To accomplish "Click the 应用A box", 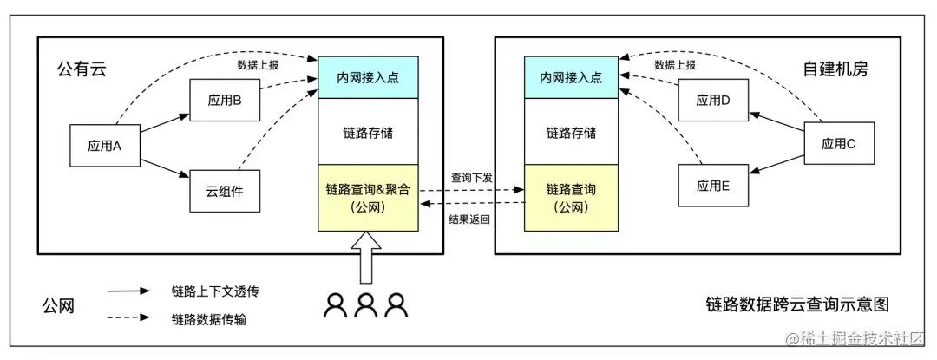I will (x=104, y=145).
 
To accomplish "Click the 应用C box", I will (x=839, y=145).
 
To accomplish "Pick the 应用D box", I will (x=713, y=100).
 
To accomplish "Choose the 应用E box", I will (x=713, y=185).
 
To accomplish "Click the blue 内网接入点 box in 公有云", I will (x=368, y=77).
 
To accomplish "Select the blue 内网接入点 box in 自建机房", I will (x=571, y=77).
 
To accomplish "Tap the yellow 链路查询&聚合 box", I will (x=368, y=198).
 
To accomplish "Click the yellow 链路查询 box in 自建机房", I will (x=571, y=198).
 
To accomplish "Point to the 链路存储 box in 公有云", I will (x=368, y=132).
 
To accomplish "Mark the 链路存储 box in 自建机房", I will (x=571, y=132).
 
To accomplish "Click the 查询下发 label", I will (x=471, y=178).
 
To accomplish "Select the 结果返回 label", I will (x=471, y=219).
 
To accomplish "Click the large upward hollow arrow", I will (x=366, y=259).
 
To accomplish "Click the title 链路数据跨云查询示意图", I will (x=797, y=304).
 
